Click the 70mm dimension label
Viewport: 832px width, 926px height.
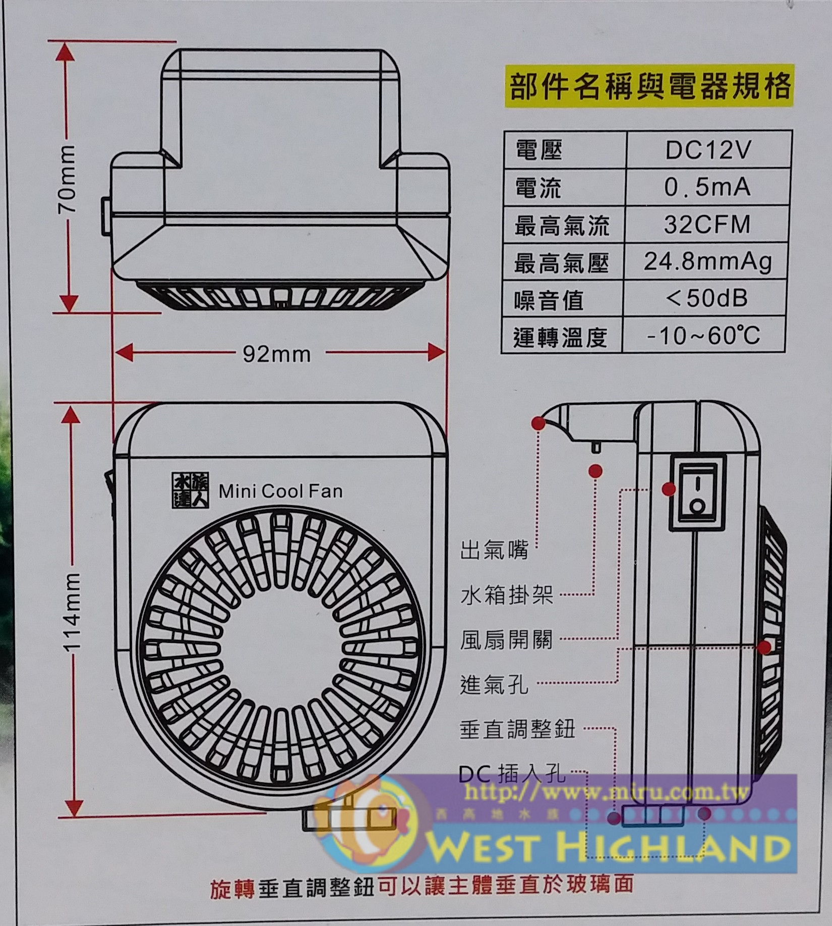click(67, 178)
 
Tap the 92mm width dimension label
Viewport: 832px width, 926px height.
click(276, 354)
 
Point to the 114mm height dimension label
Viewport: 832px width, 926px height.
click(72, 611)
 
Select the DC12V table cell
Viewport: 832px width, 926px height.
click(708, 150)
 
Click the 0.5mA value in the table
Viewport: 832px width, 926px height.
click(707, 187)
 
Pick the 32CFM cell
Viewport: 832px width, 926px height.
click(707, 225)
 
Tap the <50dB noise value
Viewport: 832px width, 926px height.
click(706, 299)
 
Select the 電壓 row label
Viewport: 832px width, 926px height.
click(539, 150)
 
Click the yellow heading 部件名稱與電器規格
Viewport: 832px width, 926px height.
click(649, 86)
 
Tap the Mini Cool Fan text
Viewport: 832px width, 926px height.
click(280, 491)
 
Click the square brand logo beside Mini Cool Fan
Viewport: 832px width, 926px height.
click(190, 490)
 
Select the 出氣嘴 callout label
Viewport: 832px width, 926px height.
click(494, 550)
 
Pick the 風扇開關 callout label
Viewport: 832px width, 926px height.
click(506, 639)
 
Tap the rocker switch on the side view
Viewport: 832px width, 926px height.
click(697, 492)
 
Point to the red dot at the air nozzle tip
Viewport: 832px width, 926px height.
click(538, 423)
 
